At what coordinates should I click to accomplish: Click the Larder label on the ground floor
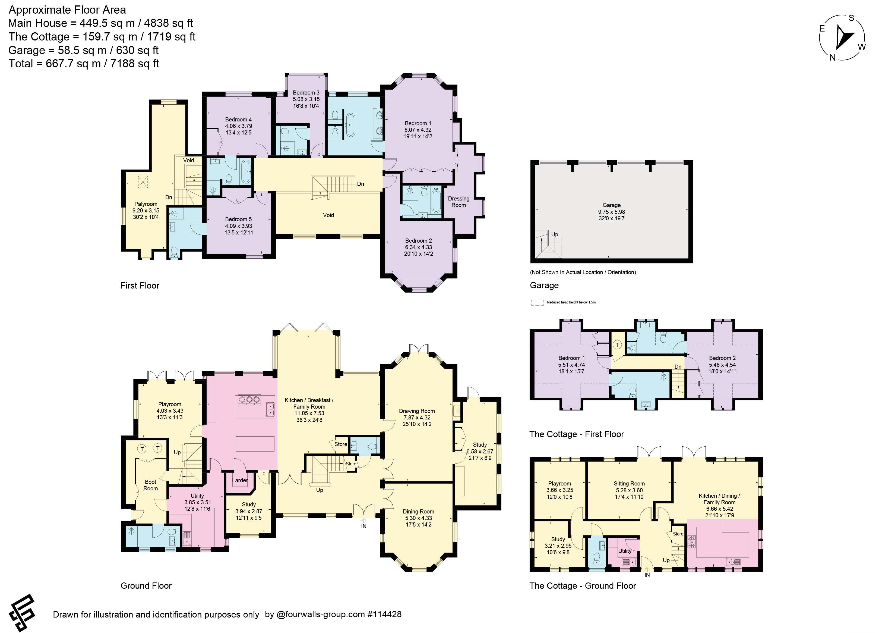(x=240, y=480)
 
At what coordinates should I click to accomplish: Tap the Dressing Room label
(x=459, y=202)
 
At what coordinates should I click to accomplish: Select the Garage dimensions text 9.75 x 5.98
(x=612, y=212)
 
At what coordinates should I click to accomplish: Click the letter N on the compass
(x=833, y=58)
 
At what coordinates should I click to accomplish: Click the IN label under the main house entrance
(x=363, y=526)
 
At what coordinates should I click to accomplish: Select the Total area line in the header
(x=84, y=64)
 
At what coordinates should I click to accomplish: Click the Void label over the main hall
(x=328, y=215)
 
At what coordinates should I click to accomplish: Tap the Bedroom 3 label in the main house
(x=306, y=93)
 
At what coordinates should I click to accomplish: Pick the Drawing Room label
(x=417, y=411)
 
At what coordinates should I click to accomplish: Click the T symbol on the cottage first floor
(x=617, y=345)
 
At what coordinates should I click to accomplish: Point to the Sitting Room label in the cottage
(x=629, y=484)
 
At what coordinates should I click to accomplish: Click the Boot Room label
(x=151, y=485)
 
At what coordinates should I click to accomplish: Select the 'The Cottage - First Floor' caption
(x=577, y=434)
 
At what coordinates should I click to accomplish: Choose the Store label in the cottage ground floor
(x=678, y=534)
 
